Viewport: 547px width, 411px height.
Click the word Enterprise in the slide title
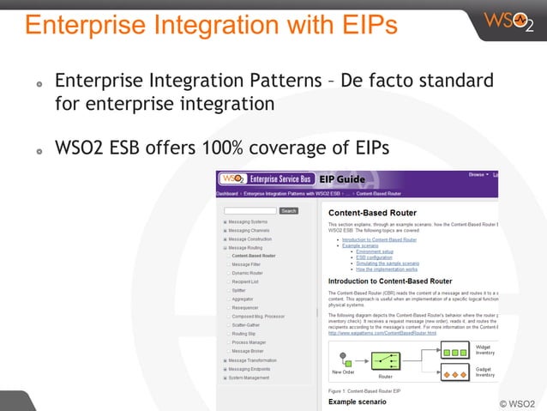click(x=81, y=25)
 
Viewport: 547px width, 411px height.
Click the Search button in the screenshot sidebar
click(x=288, y=210)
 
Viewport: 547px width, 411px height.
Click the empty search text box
click(x=249, y=210)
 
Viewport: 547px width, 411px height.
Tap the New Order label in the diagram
click(x=343, y=372)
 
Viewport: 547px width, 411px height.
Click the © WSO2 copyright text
click(x=517, y=402)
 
